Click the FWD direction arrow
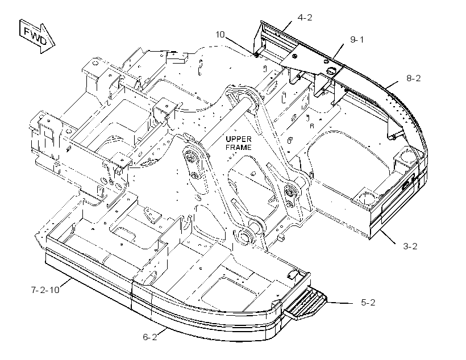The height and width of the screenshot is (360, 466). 37,36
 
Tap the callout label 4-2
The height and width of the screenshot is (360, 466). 305,18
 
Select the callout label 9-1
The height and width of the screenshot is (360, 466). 357,40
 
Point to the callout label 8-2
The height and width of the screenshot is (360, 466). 413,78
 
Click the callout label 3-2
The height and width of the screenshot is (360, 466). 410,246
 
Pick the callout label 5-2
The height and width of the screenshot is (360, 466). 368,303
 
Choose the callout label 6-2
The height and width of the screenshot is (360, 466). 150,337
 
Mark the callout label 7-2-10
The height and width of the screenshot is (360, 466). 45,290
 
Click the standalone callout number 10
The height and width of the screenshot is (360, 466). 220,35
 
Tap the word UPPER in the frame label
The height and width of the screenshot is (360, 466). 238,139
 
